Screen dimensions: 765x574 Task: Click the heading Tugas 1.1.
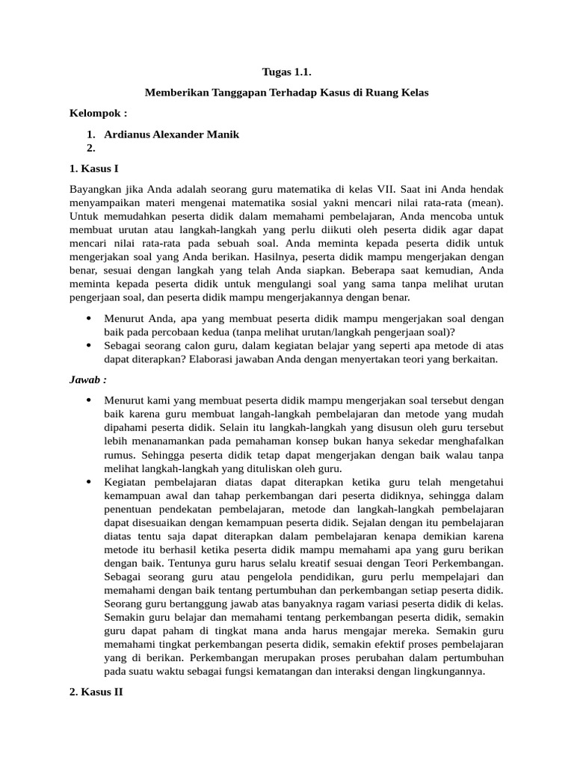click(x=286, y=72)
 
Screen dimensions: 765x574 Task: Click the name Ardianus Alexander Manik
click(x=172, y=134)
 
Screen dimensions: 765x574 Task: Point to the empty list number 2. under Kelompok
click(x=91, y=147)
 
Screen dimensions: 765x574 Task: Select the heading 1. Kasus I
click(x=94, y=168)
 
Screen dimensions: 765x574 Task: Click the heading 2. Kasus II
click(x=96, y=693)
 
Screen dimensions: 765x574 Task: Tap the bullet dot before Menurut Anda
click(x=89, y=318)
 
